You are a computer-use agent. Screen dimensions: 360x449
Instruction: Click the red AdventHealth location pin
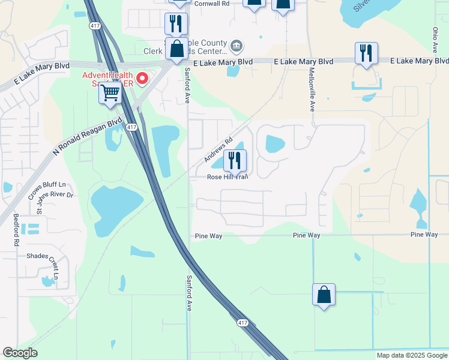(142, 78)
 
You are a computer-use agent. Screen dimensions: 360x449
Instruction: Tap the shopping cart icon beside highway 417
(110, 93)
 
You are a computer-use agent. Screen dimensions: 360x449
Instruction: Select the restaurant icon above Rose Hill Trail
(235, 160)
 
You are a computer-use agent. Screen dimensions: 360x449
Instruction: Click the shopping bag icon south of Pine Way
(324, 295)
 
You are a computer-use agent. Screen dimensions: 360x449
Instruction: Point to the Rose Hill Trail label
(228, 176)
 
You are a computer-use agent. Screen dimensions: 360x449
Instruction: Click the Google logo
(20, 353)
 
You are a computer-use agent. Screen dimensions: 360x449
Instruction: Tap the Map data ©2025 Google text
(412, 355)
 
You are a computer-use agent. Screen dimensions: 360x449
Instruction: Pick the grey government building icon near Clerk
(237, 45)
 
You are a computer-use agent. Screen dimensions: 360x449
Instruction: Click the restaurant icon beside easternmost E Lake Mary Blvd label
(366, 53)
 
